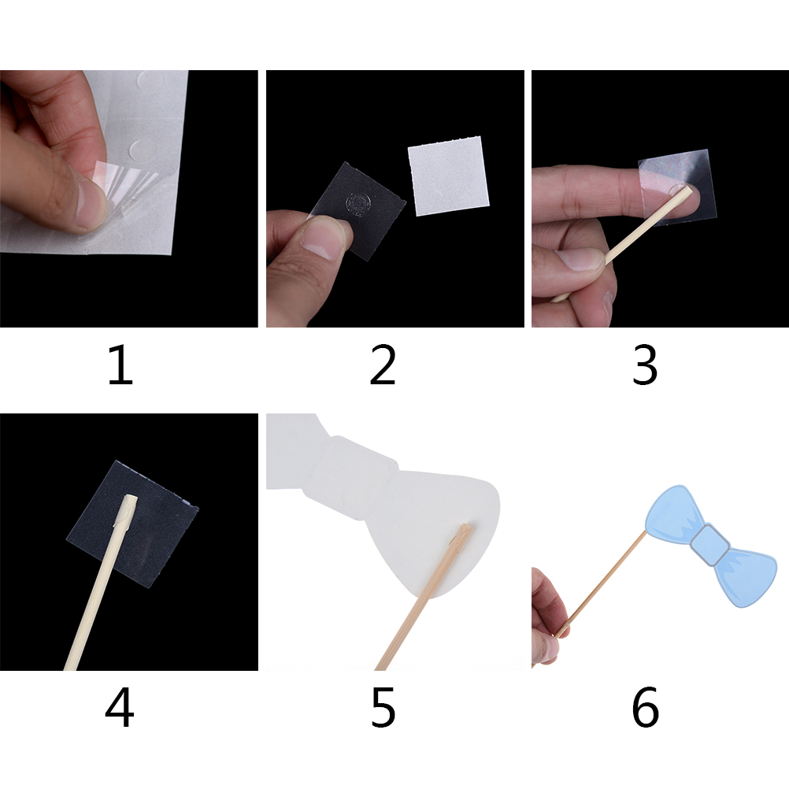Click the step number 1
pyautogui.click(x=120, y=365)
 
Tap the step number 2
pyautogui.click(x=383, y=365)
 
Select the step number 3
pyautogui.click(x=645, y=365)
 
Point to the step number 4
pyautogui.click(x=120, y=708)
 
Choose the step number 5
pyautogui.click(x=383, y=709)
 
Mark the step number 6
pyautogui.click(x=645, y=709)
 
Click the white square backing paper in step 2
pyautogui.click(x=448, y=176)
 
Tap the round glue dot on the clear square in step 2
pyautogui.click(x=357, y=203)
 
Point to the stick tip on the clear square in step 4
pyautogui.click(x=131, y=498)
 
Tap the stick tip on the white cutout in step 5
pyautogui.click(x=464, y=528)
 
